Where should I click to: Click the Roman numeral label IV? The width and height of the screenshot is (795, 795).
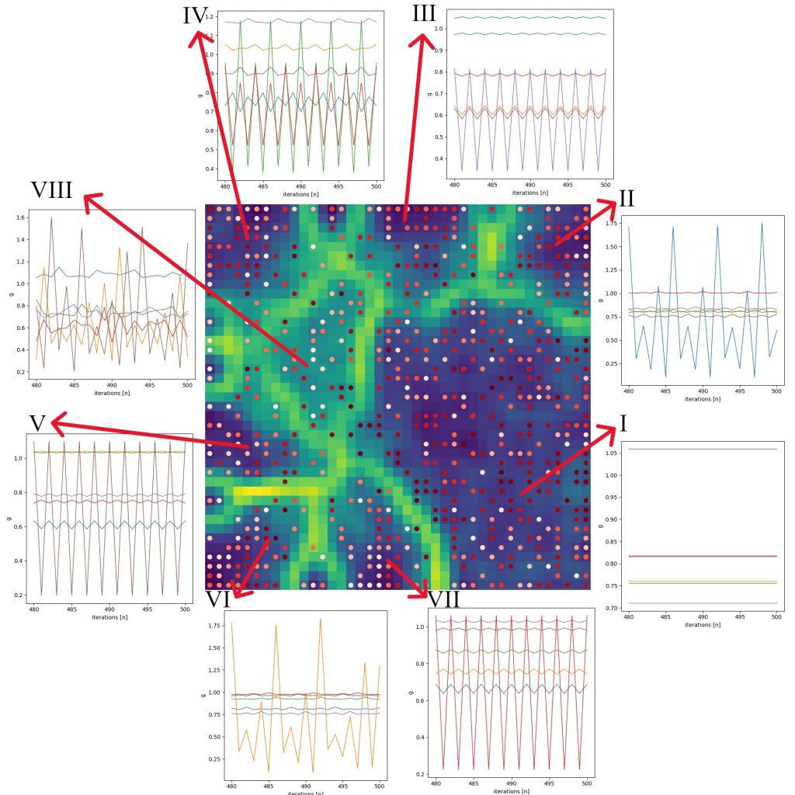pos(196,16)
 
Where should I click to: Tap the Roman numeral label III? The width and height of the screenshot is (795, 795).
pos(424,15)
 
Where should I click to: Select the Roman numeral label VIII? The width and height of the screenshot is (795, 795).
pos(51,190)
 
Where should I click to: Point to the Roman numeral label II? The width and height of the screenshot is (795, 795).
pos(627,199)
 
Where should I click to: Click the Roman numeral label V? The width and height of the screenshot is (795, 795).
pos(38,423)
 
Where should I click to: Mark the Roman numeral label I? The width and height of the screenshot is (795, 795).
pos(623,423)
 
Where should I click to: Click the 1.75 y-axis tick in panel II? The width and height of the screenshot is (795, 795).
pos(612,224)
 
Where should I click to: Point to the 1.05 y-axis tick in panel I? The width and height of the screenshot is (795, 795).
pos(611,453)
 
